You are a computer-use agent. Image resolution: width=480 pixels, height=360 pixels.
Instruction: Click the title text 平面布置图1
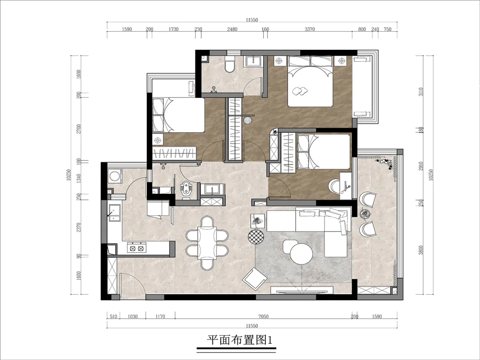pyautogui.click(x=240, y=340)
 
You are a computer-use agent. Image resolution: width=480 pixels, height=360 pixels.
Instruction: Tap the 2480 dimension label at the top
pyautogui.click(x=232, y=29)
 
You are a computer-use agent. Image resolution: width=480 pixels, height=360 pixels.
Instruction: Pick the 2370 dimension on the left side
pyautogui.click(x=79, y=228)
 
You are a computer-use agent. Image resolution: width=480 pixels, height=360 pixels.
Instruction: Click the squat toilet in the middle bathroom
pyautogui.click(x=186, y=189)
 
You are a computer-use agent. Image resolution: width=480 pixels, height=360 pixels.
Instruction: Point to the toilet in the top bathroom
pyautogui.click(x=229, y=65)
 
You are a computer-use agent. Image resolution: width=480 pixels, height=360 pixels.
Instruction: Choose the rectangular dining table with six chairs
pyautogui.click(x=207, y=243)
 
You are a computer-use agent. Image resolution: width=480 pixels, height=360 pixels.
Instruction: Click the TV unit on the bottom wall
pyautogui.click(x=302, y=291)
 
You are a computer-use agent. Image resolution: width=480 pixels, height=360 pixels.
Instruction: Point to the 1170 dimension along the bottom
pyautogui.click(x=160, y=316)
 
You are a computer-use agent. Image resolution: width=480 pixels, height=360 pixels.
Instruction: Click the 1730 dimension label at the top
pyautogui.click(x=174, y=29)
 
